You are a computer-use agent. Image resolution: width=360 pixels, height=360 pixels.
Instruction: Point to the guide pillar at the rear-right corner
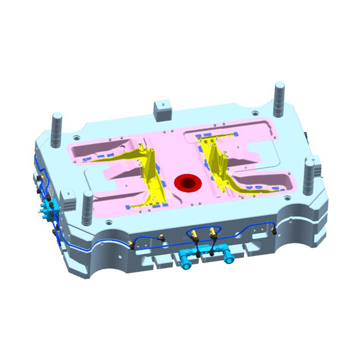[x=279, y=97]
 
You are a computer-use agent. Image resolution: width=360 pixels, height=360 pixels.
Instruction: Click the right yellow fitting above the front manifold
[x=212, y=233]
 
